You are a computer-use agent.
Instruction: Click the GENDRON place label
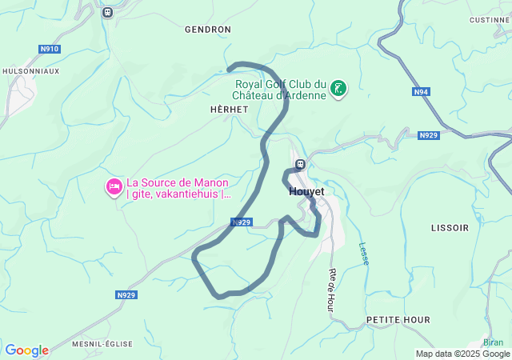click(207, 30)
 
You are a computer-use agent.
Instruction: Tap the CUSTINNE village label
click(490, 20)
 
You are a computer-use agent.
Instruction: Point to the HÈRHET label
click(229, 110)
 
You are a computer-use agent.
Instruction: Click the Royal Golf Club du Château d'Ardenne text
click(280, 90)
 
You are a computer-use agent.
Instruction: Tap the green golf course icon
click(339, 88)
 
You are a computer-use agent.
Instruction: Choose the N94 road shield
click(422, 92)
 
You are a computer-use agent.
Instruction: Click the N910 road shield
click(50, 49)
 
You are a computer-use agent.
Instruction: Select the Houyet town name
click(306, 193)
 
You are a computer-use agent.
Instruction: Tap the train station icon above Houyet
click(300, 165)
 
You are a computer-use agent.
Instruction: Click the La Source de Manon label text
click(178, 187)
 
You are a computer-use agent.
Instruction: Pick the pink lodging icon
click(114, 187)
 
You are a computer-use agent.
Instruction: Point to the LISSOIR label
click(450, 228)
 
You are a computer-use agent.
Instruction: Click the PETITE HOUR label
click(398, 320)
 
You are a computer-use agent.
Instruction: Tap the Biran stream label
click(493, 342)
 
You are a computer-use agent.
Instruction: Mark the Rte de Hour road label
click(330, 290)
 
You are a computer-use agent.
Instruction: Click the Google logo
click(26, 350)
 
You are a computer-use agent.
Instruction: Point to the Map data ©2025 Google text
click(462, 354)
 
